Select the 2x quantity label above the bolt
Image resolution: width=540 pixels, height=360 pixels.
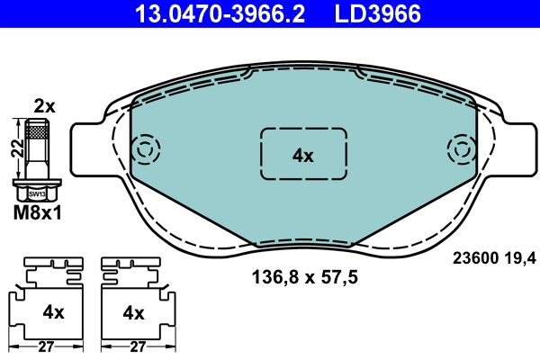[44, 106]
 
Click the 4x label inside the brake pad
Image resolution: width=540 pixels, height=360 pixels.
[302, 155]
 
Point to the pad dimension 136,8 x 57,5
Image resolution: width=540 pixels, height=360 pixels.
[303, 278]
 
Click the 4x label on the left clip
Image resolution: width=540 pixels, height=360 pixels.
[54, 312]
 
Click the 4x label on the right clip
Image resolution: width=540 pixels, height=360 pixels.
[133, 312]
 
